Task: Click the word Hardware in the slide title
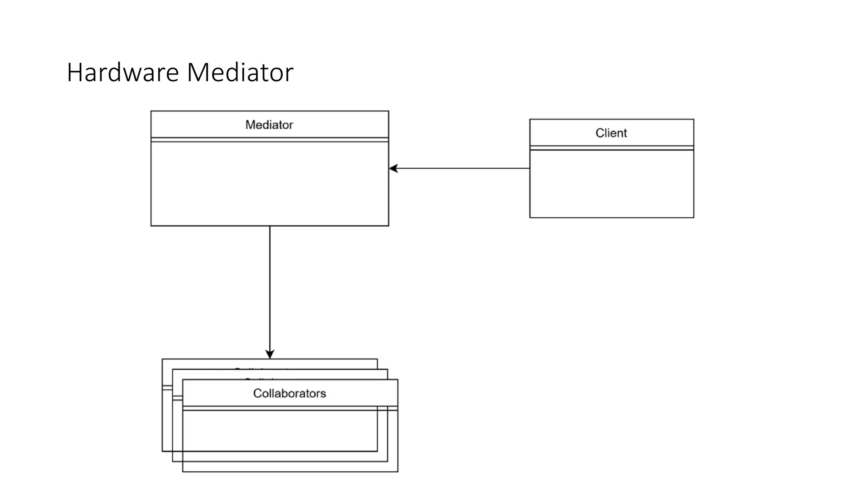[x=123, y=72]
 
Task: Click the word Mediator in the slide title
[x=240, y=72]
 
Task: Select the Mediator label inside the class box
[x=269, y=125]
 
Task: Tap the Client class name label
[x=611, y=133]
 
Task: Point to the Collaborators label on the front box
[x=290, y=394]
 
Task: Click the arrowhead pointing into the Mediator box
[x=393, y=169]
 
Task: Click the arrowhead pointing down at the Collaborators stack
[x=270, y=354]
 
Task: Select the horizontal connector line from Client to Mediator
[x=461, y=169]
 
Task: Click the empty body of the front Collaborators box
[x=290, y=441]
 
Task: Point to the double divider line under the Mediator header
[x=270, y=139]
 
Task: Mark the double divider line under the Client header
[x=611, y=148]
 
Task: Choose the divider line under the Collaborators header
[x=290, y=408]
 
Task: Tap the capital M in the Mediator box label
[x=249, y=125]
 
